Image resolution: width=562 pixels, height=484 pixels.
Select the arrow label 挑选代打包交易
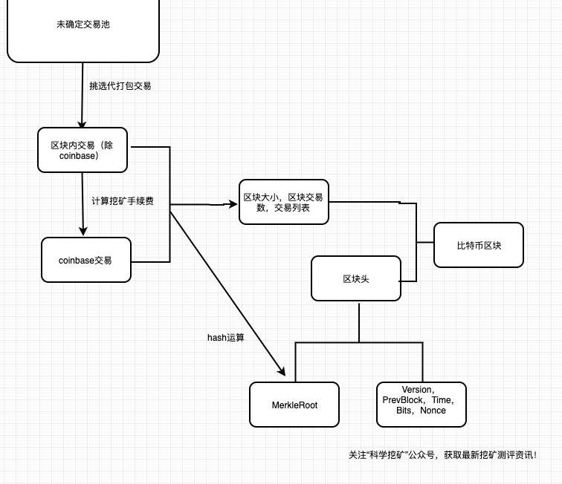(x=120, y=86)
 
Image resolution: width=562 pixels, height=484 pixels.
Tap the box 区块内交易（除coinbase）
(x=83, y=151)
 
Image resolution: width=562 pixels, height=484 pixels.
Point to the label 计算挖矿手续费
(x=123, y=201)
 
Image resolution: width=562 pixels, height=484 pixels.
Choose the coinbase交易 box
(x=86, y=260)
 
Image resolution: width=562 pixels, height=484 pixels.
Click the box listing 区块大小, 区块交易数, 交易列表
(x=283, y=203)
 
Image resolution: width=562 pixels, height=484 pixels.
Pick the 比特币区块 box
(x=479, y=245)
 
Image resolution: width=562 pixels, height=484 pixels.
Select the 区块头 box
(x=356, y=278)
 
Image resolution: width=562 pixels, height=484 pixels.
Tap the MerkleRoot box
(x=294, y=405)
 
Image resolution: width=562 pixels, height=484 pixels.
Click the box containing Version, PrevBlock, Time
(x=421, y=405)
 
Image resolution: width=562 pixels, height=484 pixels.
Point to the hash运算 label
(x=226, y=338)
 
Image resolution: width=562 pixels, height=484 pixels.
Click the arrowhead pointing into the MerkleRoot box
(x=282, y=372)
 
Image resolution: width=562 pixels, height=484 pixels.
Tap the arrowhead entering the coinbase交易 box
(x=82, y=232)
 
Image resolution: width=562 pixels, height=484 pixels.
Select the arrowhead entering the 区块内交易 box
(x=82, y=124)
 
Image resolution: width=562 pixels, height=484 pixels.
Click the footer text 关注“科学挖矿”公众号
(x=394, y=455)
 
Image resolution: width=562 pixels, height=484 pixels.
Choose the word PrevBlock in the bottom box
(x=402, y=400)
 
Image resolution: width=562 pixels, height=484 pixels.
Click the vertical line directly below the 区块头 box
(x=359, y=321)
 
